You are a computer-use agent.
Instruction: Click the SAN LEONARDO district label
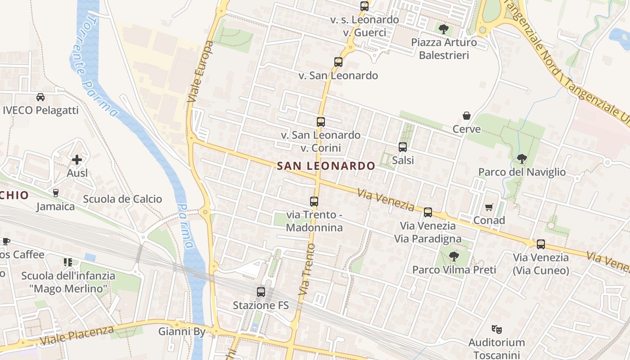tap(326, 166)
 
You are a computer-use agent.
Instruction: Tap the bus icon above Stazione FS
tap(261, 292)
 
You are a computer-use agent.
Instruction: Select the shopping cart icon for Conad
tap(489, 207)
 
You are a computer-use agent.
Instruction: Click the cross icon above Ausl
tap(77, 160)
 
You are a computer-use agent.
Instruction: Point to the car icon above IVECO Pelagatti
tap(40, 97)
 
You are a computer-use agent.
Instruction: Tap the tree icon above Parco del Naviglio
tap(522, 158)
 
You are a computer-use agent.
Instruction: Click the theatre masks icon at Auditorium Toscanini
tap(497, 329)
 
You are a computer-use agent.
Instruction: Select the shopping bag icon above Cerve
tap(467, 116)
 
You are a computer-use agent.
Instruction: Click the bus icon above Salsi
tap(403, 147)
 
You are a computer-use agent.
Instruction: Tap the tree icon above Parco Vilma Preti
tap(454, 256)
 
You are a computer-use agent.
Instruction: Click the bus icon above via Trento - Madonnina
tap(314, 202)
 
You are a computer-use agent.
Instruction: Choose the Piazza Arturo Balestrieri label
tap(444, 49)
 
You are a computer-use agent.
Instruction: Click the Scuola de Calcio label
tap(122, 199)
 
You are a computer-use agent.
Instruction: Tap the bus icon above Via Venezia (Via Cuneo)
tap(541, 244)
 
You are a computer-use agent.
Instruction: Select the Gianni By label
tap(182, 332)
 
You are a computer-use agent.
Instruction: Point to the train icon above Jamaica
tap(56, 193)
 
